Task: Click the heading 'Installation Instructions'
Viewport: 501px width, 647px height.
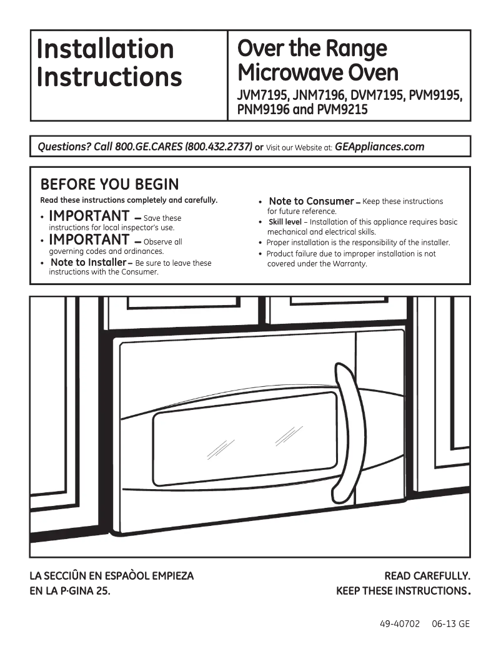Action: (x=109, y=63)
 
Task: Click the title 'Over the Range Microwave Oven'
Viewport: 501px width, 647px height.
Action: (x=317, y=61)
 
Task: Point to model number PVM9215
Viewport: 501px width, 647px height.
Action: (x=342, y=110)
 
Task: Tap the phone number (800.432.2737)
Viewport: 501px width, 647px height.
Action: (x=219, y=147)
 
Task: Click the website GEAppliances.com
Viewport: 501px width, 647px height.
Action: (x=379, y=147)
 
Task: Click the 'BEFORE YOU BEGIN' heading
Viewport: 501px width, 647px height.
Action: (x=109, y=185)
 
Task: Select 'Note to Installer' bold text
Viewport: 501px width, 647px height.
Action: (x=88, y=263)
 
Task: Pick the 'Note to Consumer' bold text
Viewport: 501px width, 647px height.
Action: (x=311, y=201)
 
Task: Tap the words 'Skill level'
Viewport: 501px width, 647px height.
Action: (x=285, y=222)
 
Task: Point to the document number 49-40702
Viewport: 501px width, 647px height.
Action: (x=399, y=624)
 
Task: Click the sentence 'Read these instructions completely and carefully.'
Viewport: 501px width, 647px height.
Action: (x=129, y=200)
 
